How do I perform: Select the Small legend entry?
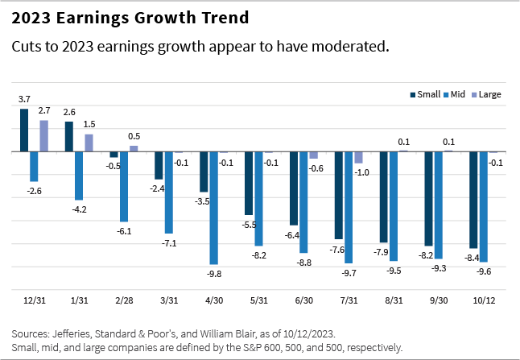tap(427, 94)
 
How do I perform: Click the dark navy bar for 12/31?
tap(24, 130)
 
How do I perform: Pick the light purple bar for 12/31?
tap(44, 135)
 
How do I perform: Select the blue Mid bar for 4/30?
tap(214, 208)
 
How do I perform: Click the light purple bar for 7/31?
tap(358, 157)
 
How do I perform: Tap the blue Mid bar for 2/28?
tap(124, 186)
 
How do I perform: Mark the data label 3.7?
tap(24, 98)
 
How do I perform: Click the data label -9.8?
tap(214, 274)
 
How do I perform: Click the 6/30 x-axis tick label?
tap(304, 300)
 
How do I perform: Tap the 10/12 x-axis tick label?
tap(485, 300)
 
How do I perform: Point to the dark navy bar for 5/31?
tap(249, 183)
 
